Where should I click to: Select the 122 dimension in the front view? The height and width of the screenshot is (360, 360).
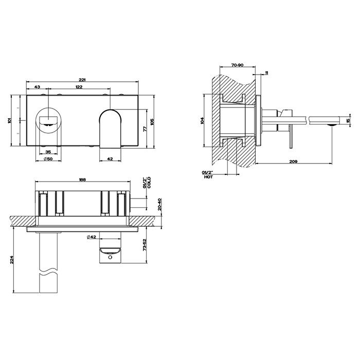(x=78, y=87)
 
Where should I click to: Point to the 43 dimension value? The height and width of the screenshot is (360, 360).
(x=37, y=87)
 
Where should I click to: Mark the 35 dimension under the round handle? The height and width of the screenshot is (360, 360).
(x=48, y=152)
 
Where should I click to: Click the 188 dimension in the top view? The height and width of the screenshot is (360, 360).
(x=82, y=180)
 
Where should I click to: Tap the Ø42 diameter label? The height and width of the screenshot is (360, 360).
(x=92, y=237)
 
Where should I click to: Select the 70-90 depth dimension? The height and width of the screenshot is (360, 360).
(x=237, y=66)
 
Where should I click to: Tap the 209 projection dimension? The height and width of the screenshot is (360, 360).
(x=293, y=161)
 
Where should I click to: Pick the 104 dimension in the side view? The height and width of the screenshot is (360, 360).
(x=203, y=121)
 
